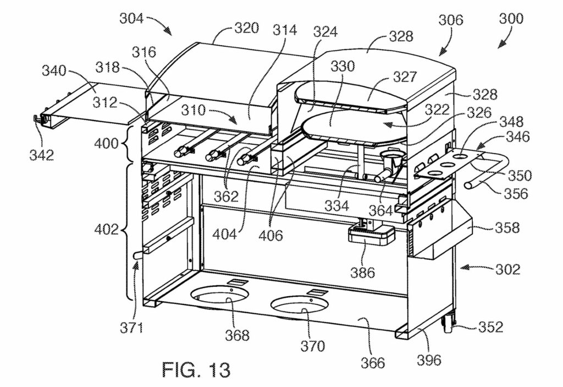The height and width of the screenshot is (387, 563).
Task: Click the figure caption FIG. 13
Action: point(196,369)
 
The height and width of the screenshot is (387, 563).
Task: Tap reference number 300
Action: point(511,18)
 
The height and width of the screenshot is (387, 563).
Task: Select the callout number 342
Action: point(42,155)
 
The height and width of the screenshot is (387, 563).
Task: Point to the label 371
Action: point(131,328)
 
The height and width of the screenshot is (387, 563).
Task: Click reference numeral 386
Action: point(363,272)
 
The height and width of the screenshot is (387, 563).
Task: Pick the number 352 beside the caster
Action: point(490,326)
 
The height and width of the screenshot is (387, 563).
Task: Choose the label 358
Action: point(507,227)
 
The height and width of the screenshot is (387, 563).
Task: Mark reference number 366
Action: point(373,363)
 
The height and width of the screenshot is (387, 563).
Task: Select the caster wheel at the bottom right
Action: point(449,324)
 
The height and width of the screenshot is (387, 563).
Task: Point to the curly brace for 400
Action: point(124,143)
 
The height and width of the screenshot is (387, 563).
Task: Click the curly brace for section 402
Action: point(126,231)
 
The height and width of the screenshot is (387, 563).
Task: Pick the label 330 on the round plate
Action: point(343,66)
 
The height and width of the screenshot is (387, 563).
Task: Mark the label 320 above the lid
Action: point(247,28)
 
